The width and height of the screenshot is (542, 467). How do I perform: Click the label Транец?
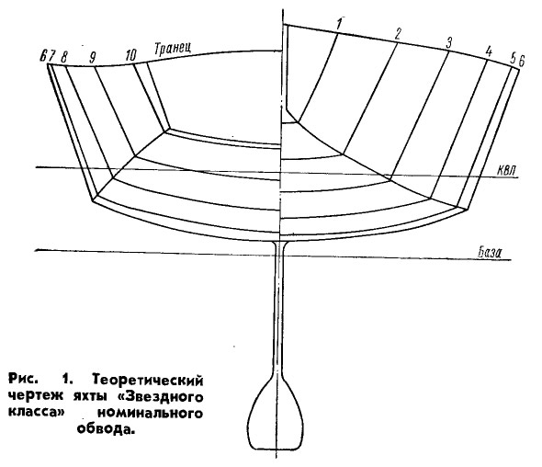click(x=173, y=48)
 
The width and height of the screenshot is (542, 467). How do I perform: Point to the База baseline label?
click(x=490, y=252)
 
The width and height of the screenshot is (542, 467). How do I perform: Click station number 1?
click(x=340, y=24)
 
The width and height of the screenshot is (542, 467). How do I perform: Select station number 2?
click(x=398, y=34)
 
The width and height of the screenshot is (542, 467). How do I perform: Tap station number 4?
click(x=489, y=51)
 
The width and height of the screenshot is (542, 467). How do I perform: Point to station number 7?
click(x=51, y=56)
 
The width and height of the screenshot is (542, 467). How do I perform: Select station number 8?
click(x=64, y=57)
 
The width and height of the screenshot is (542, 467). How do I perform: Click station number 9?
click(x=92, y=57)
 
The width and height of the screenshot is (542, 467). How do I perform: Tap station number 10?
click(x=130, y=55)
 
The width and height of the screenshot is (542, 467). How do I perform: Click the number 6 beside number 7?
click(x=43, y=56)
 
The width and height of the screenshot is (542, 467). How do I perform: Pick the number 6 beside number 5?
click(x=522, y=61)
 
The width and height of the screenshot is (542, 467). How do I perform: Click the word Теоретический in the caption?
click(x=148, y=380)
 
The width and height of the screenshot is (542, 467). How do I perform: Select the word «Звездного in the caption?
click(x=159, y=396)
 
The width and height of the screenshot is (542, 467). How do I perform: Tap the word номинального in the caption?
click(x=150, y=413)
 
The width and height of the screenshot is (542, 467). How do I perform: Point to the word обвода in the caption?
click(x=105, y=429)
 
